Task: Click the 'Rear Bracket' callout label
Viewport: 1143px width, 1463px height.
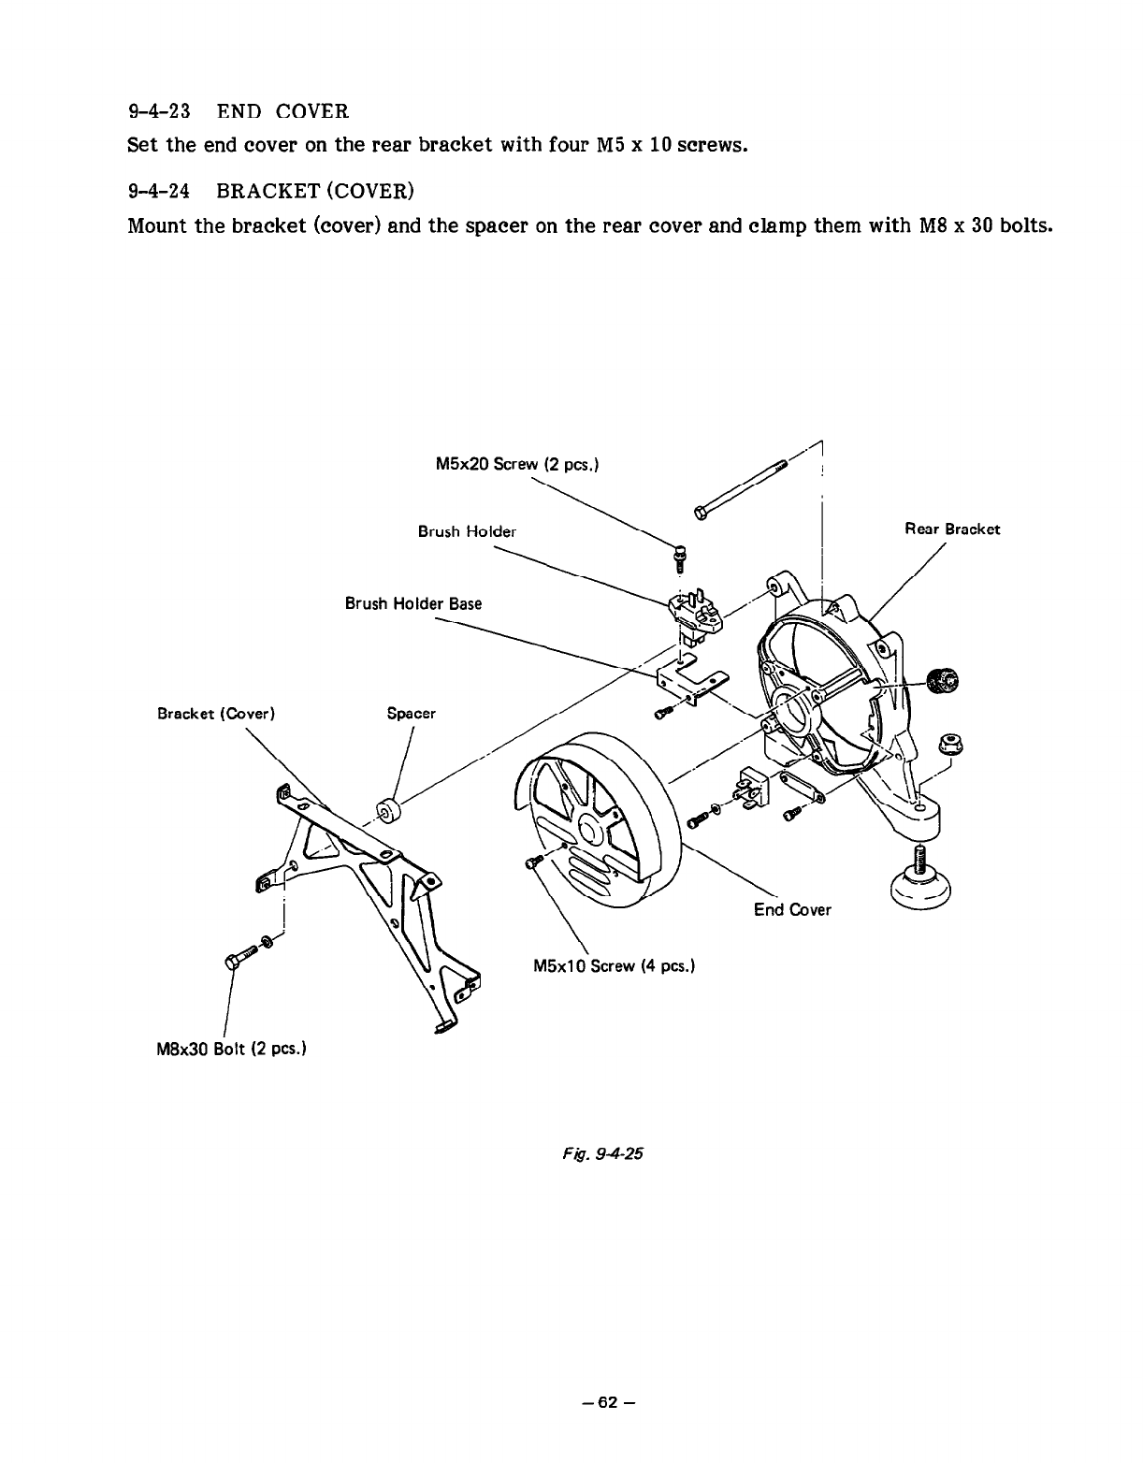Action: pyautogui.click(x=951, y=529)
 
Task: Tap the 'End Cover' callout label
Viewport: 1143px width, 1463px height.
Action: pyautogui.click(x=792, y=909)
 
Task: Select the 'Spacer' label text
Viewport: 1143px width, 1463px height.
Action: pyautogui.click(x=412, y=714)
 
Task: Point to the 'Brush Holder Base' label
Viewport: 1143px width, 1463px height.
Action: pyautogui.click(x=413, y=603)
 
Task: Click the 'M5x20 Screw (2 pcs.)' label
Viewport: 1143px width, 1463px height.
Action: pyautogui.click(x=517, y=464)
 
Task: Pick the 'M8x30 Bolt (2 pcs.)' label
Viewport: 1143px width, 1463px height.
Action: pyautogui.click(x=231, y=1047)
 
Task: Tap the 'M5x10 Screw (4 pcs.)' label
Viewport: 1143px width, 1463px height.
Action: pyautogui.click(x=613, y=964)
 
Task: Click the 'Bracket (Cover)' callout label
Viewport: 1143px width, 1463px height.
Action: pyautogui.click(x=215, y=714)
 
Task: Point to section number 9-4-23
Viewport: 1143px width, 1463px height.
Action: pyautogui.click(x=159, y=112)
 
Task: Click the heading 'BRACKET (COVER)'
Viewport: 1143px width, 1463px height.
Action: pyautogui.click(x=313, y=192)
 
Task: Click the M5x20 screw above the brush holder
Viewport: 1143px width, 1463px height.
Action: pyautogui.click(x=681, y=556)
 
